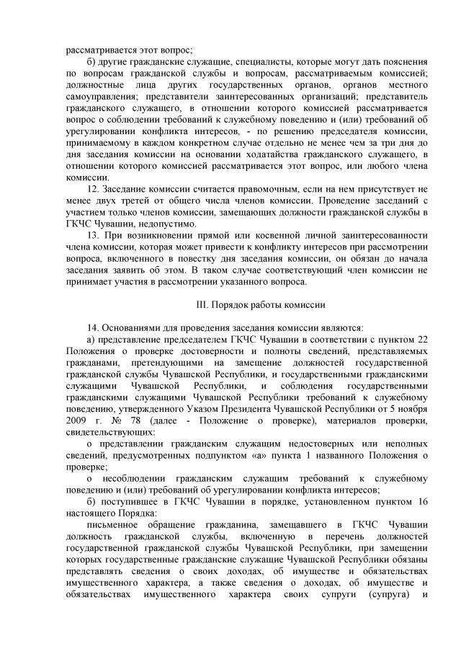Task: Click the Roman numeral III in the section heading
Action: tap(204, 304)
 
